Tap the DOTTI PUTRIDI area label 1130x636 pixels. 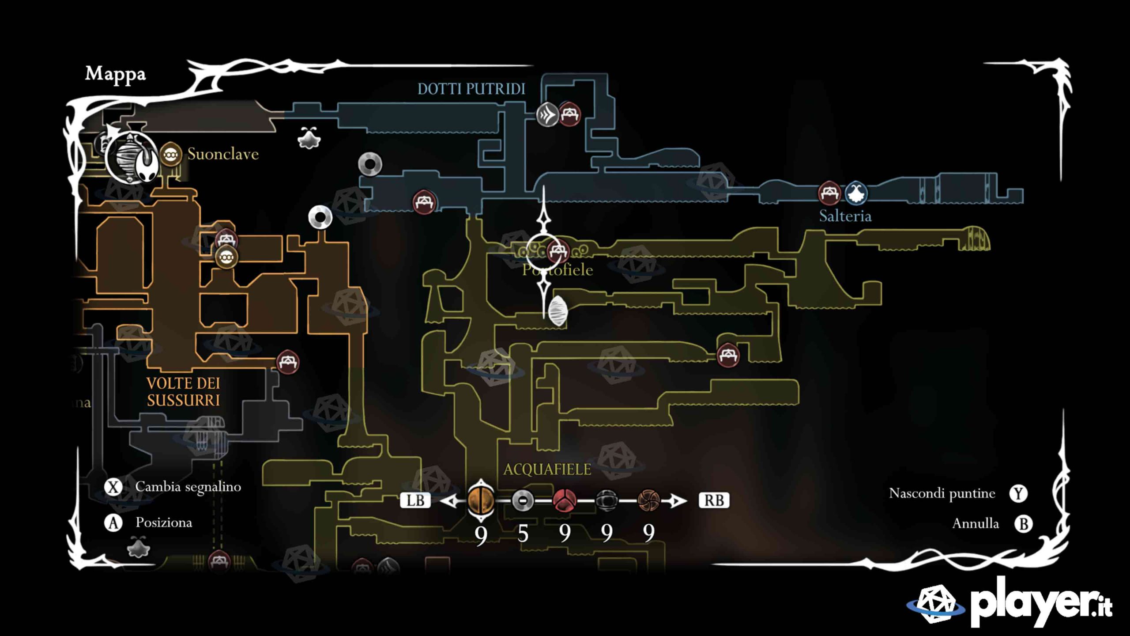tap(471, 89)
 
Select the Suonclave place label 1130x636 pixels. tap(223, 154)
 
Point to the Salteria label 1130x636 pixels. tap(845, 216)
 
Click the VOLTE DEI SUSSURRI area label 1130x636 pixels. tap(183, 391)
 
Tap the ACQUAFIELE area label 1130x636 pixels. tap(547, 469)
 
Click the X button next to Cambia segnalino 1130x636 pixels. tap(113, 487)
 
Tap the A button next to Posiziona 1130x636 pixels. tap(113, 523)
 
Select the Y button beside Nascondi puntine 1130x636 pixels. tap(1018, 493)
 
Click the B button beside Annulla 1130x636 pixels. tap(1023, 524)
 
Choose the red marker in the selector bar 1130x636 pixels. tap(565, 500)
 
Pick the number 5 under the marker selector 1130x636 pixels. tap(523, 534)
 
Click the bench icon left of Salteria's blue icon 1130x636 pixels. tap(829, 193)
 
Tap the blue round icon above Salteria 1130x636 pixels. tap(856, 193)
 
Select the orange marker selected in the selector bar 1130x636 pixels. tap(481, 500)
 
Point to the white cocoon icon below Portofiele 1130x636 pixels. tap(557, 310)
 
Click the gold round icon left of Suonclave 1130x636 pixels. tap(170, 155)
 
